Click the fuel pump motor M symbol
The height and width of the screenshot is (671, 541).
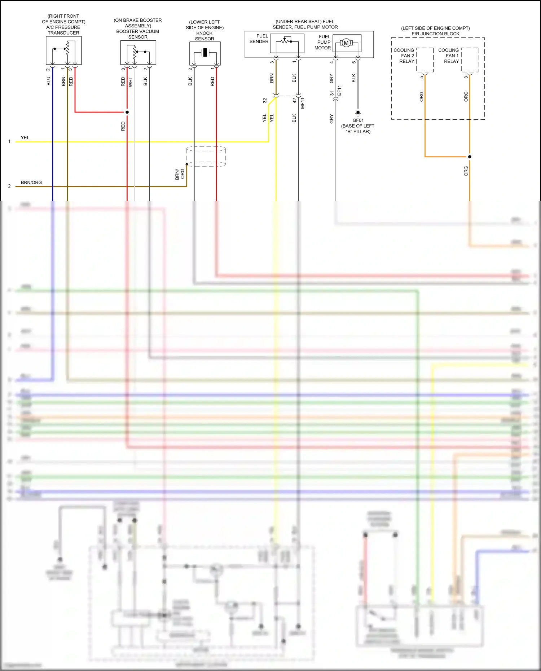click(346, 43)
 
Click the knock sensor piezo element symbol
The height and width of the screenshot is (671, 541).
click(205, 53)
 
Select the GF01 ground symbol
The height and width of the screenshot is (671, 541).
click(358, 113)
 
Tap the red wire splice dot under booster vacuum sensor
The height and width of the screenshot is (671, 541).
click(127, 112)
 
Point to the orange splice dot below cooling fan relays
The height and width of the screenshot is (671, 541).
click(470, 157)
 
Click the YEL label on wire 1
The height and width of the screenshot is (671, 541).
click(25, 138)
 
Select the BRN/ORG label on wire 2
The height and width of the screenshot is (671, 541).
click(31, 182)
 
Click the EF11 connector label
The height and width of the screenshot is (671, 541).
click(339, 91)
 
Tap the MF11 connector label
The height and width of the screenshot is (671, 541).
click(303, 103)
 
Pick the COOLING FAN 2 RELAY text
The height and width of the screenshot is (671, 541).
click(404, 56)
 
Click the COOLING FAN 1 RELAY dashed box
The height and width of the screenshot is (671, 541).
click(470, 60)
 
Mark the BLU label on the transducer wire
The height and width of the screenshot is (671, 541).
click(49, 81)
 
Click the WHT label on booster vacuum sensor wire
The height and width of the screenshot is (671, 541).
click(131, 82)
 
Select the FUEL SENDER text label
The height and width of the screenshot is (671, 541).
click(259, 39)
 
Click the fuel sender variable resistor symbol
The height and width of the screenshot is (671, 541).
click(287, 41)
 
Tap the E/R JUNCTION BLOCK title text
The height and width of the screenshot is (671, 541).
click(435, 34)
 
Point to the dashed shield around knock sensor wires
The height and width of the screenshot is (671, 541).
click(206, 156)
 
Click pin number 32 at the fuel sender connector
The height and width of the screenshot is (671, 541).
click(265, 101)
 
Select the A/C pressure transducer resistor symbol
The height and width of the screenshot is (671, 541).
click(67, 48)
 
